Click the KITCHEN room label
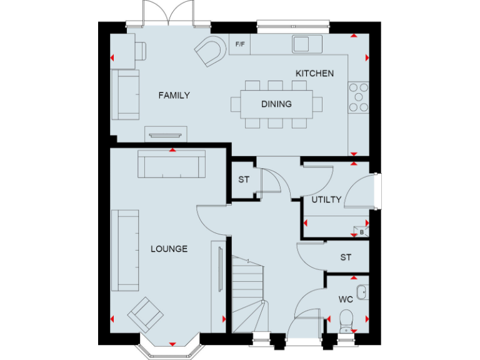pos(314,74)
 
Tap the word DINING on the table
pos(276,104)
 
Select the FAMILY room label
pos(174,96)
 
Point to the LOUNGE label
pos(169,249)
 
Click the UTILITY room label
pos(326,200)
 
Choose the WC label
pos(346,299)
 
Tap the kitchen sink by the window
pos(307,44)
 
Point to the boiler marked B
pos(361,231)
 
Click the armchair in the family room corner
pos(211,51)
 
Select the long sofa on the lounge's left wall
pos(125,250)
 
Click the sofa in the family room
pos(126,94)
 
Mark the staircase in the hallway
pos(247,294)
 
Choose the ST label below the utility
pos(346,257)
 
